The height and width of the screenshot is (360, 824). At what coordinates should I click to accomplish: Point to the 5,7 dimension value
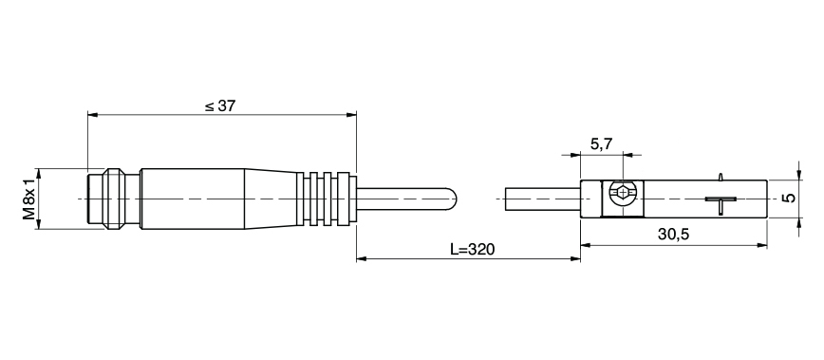point(601,144)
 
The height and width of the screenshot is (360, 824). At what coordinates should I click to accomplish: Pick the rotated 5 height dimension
point(787,198)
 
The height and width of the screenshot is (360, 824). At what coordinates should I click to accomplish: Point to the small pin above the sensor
point(721,176)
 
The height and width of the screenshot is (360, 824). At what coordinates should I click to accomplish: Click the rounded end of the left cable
point(454,198)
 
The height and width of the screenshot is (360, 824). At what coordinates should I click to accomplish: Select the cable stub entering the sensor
point(541,198)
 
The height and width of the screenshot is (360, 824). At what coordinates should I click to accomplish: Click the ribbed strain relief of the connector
point(328,198)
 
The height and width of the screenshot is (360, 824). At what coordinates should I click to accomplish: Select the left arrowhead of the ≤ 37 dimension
point(91,115)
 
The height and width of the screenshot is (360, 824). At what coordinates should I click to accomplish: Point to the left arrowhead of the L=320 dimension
point(361,257)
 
